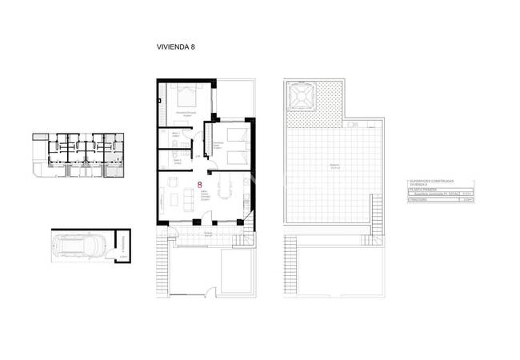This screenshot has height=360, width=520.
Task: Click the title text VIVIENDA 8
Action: [176, 46]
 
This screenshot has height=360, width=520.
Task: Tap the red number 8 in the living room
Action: [199, 185]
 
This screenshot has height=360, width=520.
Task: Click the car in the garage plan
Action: [81, 245]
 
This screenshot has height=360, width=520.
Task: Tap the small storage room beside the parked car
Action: [122, 245]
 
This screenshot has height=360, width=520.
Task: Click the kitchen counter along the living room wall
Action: [242, 195]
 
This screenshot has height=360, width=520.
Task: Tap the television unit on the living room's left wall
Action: [162, 200]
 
